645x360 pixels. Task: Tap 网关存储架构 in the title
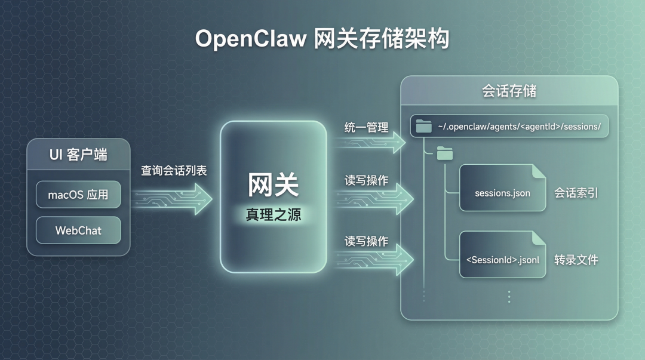[x=382, y=39]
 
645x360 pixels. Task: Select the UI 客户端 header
[x=78, y=155]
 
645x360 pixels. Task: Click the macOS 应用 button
[x=78, y=195]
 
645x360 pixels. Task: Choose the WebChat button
[x=78, y=230]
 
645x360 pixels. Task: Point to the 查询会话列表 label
[x=174, y=170]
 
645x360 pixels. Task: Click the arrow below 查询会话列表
[x=173, y=195]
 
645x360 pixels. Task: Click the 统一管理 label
[x=366, y=127]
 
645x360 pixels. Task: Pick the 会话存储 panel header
[x=509, y=91]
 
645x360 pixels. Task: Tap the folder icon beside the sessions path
[x=424, y=126]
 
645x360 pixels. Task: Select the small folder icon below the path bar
[x=445, y=154]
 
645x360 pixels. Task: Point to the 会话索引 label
[x=576, y=193]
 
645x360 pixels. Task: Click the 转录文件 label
[x=576, y=260]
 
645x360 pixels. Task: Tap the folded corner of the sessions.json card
[x=539, y=171]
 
